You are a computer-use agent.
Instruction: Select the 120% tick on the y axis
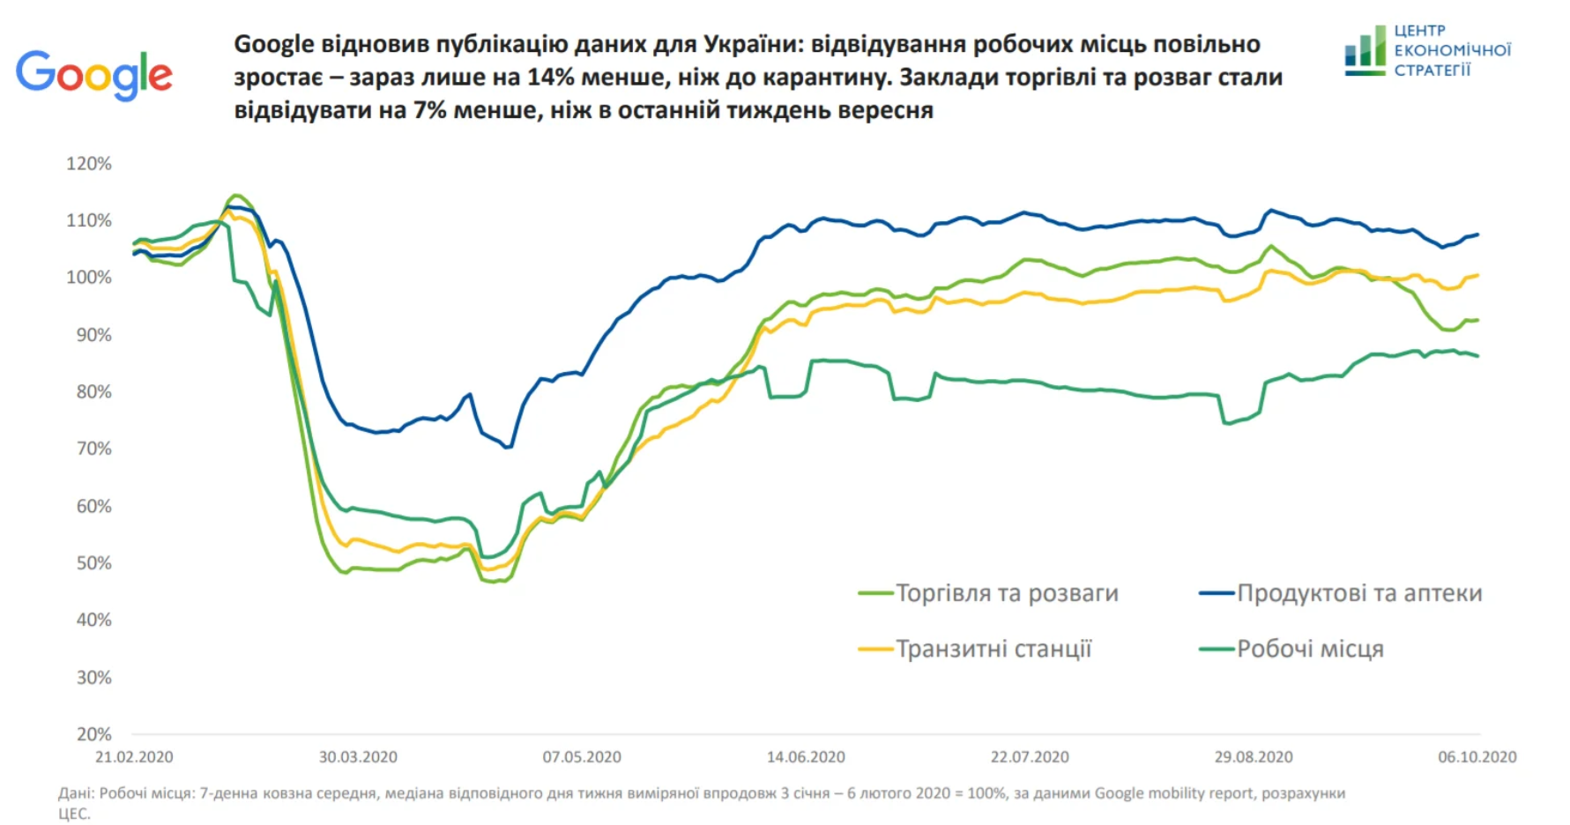pyautogui.click(x=89, y=164)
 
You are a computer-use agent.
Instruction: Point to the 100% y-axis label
pyautogui.click(x=89, y=278)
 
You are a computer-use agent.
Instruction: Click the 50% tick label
pyautogui.click(x=93, y=563)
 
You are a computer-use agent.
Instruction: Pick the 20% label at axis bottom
pyautogui.click(x=93, y=734)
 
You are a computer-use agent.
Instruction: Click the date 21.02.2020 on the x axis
pyautogui.click(x=134, y=757)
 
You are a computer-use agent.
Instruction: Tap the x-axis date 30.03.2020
pyautogui.click(x=358, y=757)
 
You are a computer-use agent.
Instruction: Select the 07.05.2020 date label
pyautogui.click(x=582, y=757)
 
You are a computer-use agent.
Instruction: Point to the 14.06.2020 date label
pyautogui.click(x=806, y=757)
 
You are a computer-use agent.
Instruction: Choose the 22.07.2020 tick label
pyautogui.click(x=1030, y=757)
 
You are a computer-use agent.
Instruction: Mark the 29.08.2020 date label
pyautogui.click(x=1254, y=757)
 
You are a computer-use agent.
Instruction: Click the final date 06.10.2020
pyautogui.click(x=1477, y=757)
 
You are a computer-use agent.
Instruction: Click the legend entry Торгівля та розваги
pyautogui.click(x=1007, y=593)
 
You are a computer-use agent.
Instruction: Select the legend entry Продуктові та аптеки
pyautogui.click(x=1359, y=593)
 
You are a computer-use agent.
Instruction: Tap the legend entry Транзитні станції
pyautogui.click(x=993, y=650)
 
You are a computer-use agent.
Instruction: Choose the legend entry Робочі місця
pyautogui.click(x=1310, y=650)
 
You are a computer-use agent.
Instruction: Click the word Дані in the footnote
pyautogui.click(x=76, y=793)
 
